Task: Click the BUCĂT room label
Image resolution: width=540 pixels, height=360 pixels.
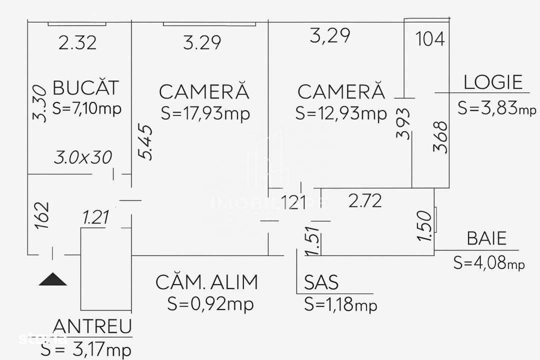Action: point(86,87)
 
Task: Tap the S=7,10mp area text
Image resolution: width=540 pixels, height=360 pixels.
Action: point(86,108)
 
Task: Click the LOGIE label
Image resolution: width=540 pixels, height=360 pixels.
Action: point(493,82)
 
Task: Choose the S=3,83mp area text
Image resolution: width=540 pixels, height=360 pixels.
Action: point(496,108)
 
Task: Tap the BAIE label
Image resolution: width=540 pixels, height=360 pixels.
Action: point(486,238)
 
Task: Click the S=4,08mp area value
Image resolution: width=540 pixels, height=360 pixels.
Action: point(489,262)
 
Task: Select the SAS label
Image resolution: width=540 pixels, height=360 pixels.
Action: point(321,283)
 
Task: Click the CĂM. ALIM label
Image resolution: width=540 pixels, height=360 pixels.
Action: point(207,282)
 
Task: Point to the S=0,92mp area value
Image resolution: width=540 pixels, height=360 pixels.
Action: point(210,303)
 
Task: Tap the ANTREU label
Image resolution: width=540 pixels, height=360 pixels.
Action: point(92,326)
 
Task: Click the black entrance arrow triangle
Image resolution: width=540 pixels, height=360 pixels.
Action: point(53,279)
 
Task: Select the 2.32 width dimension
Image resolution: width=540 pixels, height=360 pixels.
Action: point(77,43)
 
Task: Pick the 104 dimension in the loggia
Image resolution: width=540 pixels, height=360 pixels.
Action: point(430,39)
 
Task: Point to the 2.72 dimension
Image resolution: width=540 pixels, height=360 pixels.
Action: point(365,201)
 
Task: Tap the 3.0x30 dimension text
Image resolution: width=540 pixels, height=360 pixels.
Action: point(83,158)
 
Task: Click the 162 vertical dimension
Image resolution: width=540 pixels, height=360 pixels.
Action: point(43,215)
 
